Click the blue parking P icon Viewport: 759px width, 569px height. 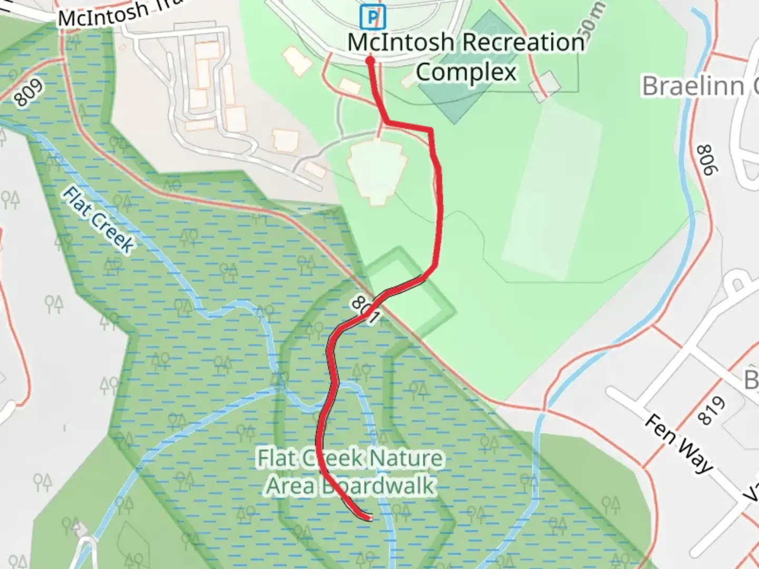373,17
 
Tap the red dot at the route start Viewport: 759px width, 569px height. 370,61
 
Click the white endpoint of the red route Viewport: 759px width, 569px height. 371,518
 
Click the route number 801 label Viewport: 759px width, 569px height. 365,310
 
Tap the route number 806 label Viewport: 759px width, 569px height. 708,160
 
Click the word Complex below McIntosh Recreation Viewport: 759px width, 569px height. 466,72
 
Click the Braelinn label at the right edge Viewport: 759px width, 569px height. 699,86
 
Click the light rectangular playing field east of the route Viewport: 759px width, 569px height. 551,190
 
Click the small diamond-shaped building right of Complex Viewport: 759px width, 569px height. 545,85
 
